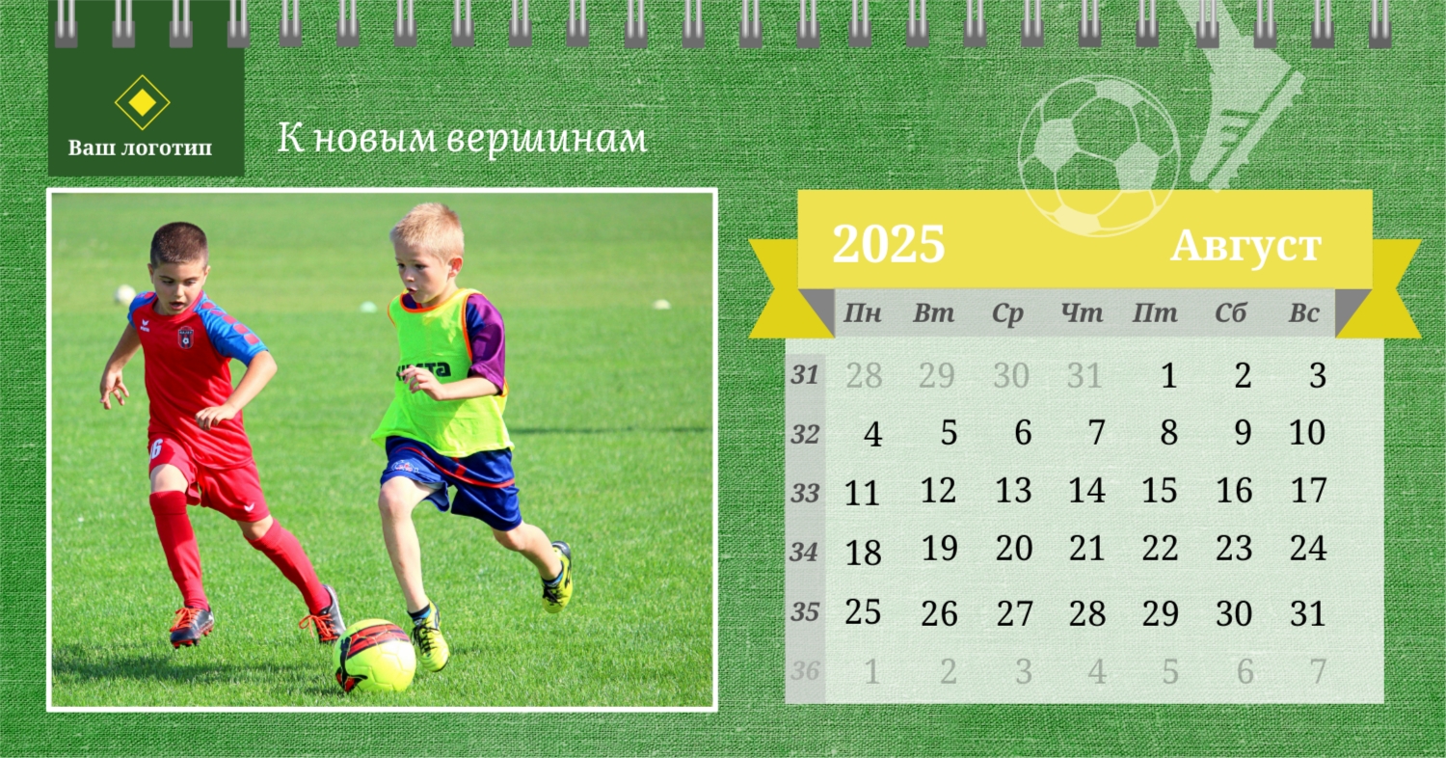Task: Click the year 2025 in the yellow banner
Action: click(888, 244)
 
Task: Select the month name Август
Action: click(1245, 247)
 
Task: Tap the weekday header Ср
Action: click(1007, 313)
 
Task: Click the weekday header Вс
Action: click(1303, 313)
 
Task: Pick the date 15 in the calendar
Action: click(1160, 490)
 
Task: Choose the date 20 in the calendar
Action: click(1014, 548)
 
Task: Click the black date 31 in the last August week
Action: click(1308, 613)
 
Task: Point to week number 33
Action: click(805, 494)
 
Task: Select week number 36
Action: click(805, 671)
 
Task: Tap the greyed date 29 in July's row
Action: click(937, 375)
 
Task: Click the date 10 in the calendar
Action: click(1307, 432)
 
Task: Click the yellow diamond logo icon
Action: click(142, 102)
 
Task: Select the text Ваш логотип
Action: click(140, 148)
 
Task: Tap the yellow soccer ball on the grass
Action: click(375, 656)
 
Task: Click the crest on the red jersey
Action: click(185, 337)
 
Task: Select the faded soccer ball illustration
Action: click(1099, 155)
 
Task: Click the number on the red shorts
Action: click(155, 448)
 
